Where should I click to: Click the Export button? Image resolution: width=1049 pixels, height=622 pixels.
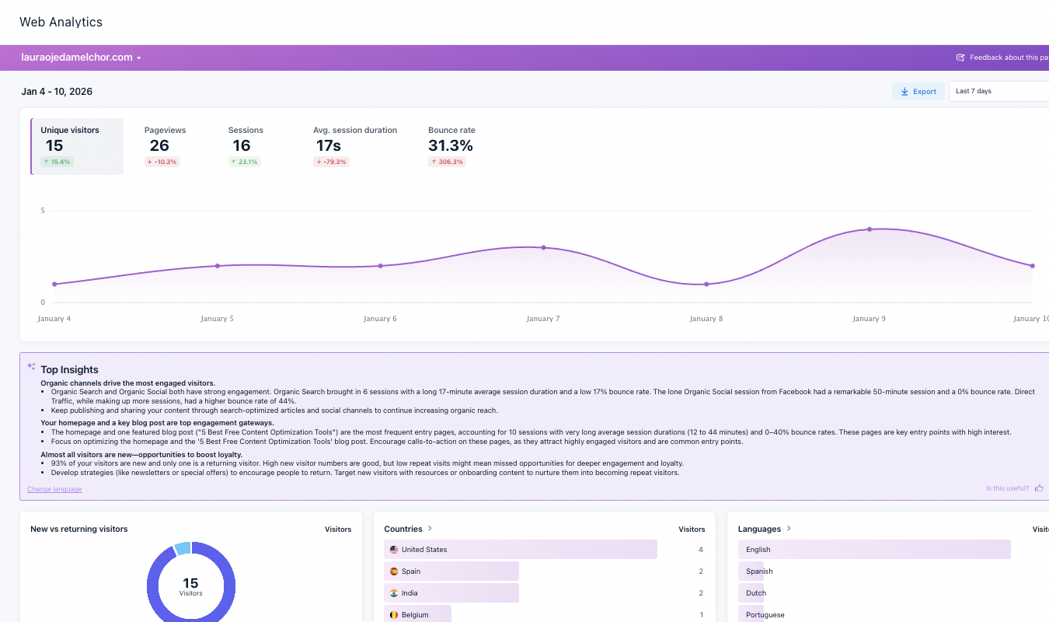(x=918, y=92)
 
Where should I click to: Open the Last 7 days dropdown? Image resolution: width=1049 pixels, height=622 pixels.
(x=998, y=92)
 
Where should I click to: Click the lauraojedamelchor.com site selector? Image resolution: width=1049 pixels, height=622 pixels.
(x=81, y=58)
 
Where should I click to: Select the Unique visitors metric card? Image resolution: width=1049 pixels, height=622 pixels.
(x=77, y=146)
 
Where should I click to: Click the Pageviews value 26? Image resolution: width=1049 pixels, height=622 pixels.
(x=159, y=145)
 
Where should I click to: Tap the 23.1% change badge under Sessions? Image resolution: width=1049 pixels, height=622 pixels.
(x=245, y=162)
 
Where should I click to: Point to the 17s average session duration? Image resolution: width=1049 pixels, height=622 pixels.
(x=328, y=145)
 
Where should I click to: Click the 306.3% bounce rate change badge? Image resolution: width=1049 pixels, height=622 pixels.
(x=447, y=162)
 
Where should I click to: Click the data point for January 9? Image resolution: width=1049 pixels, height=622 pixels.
(x=870, y=229)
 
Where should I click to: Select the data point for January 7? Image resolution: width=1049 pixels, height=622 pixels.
(x=543, y=247)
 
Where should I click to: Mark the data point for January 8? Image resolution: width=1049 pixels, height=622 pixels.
(x=706, y=284)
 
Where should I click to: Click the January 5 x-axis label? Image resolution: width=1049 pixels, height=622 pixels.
(x=217, y=319)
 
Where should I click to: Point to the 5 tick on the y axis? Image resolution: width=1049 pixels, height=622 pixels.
(x=43, y=211)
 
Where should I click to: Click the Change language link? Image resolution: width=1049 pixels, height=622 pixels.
(x=54, y=489)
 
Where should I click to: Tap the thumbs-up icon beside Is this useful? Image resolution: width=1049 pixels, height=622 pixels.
(x=1039, y=488)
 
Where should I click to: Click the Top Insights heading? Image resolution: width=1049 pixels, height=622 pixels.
(x=69, y=370)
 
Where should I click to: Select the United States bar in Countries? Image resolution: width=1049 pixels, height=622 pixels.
(x=521, y=550)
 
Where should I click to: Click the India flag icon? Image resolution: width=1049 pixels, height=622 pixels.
(x=394, y=593)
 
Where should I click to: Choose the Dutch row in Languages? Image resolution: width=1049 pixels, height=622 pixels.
(x=756, y=593)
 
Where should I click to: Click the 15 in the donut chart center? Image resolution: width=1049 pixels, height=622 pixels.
(x=190, y=582)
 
